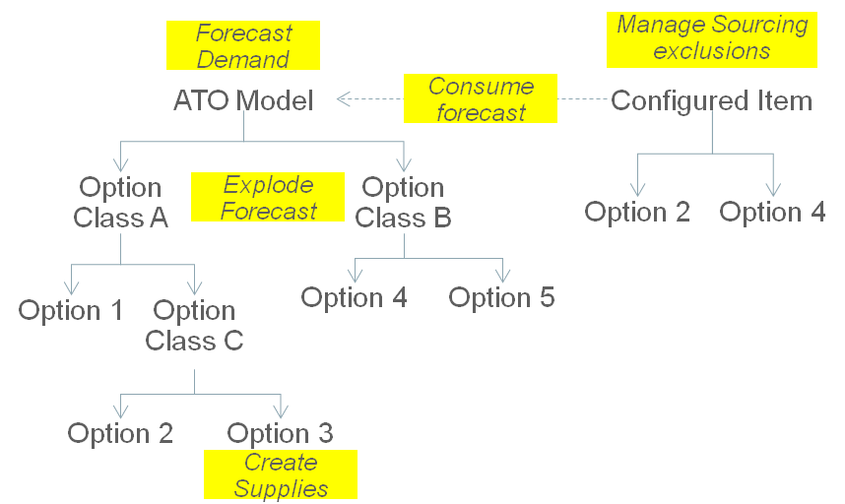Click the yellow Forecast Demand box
click(243, 45)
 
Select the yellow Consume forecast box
click(480, 99)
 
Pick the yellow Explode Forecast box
click(267, 197)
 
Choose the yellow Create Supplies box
click(280, 474)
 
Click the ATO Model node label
click(243, 100)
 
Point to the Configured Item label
click(711, 100)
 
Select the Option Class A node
click(120, 202)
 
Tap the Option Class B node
click(403, 202)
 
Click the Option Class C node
click(194, 326)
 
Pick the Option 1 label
click(71, 311)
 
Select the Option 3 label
click(280, 433)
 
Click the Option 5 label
click(501, 297)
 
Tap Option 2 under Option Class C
click(120, 433)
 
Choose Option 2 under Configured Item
click(637, 212)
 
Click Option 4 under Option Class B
click(354, 297)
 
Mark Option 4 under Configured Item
click(772, 212)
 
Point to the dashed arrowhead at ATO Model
click(344, 99)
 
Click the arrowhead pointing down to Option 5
click(502, 274)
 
